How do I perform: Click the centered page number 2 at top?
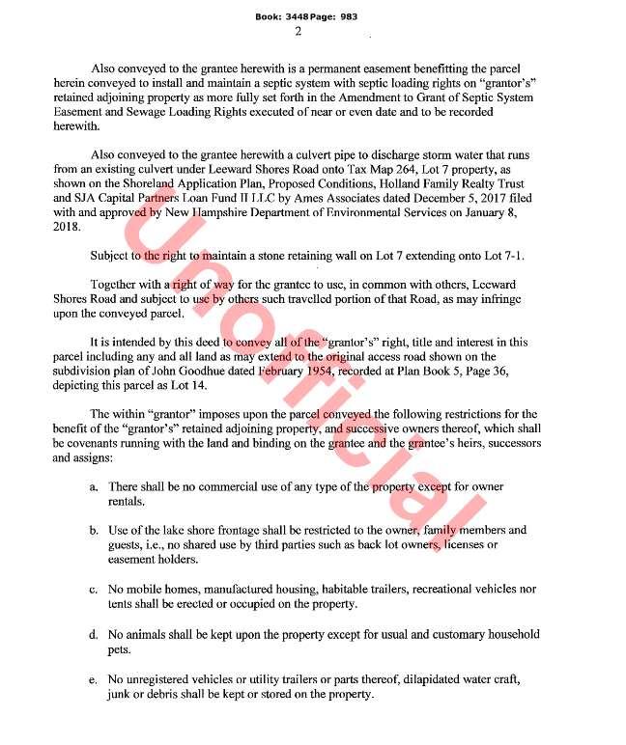298,31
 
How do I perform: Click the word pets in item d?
120,649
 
